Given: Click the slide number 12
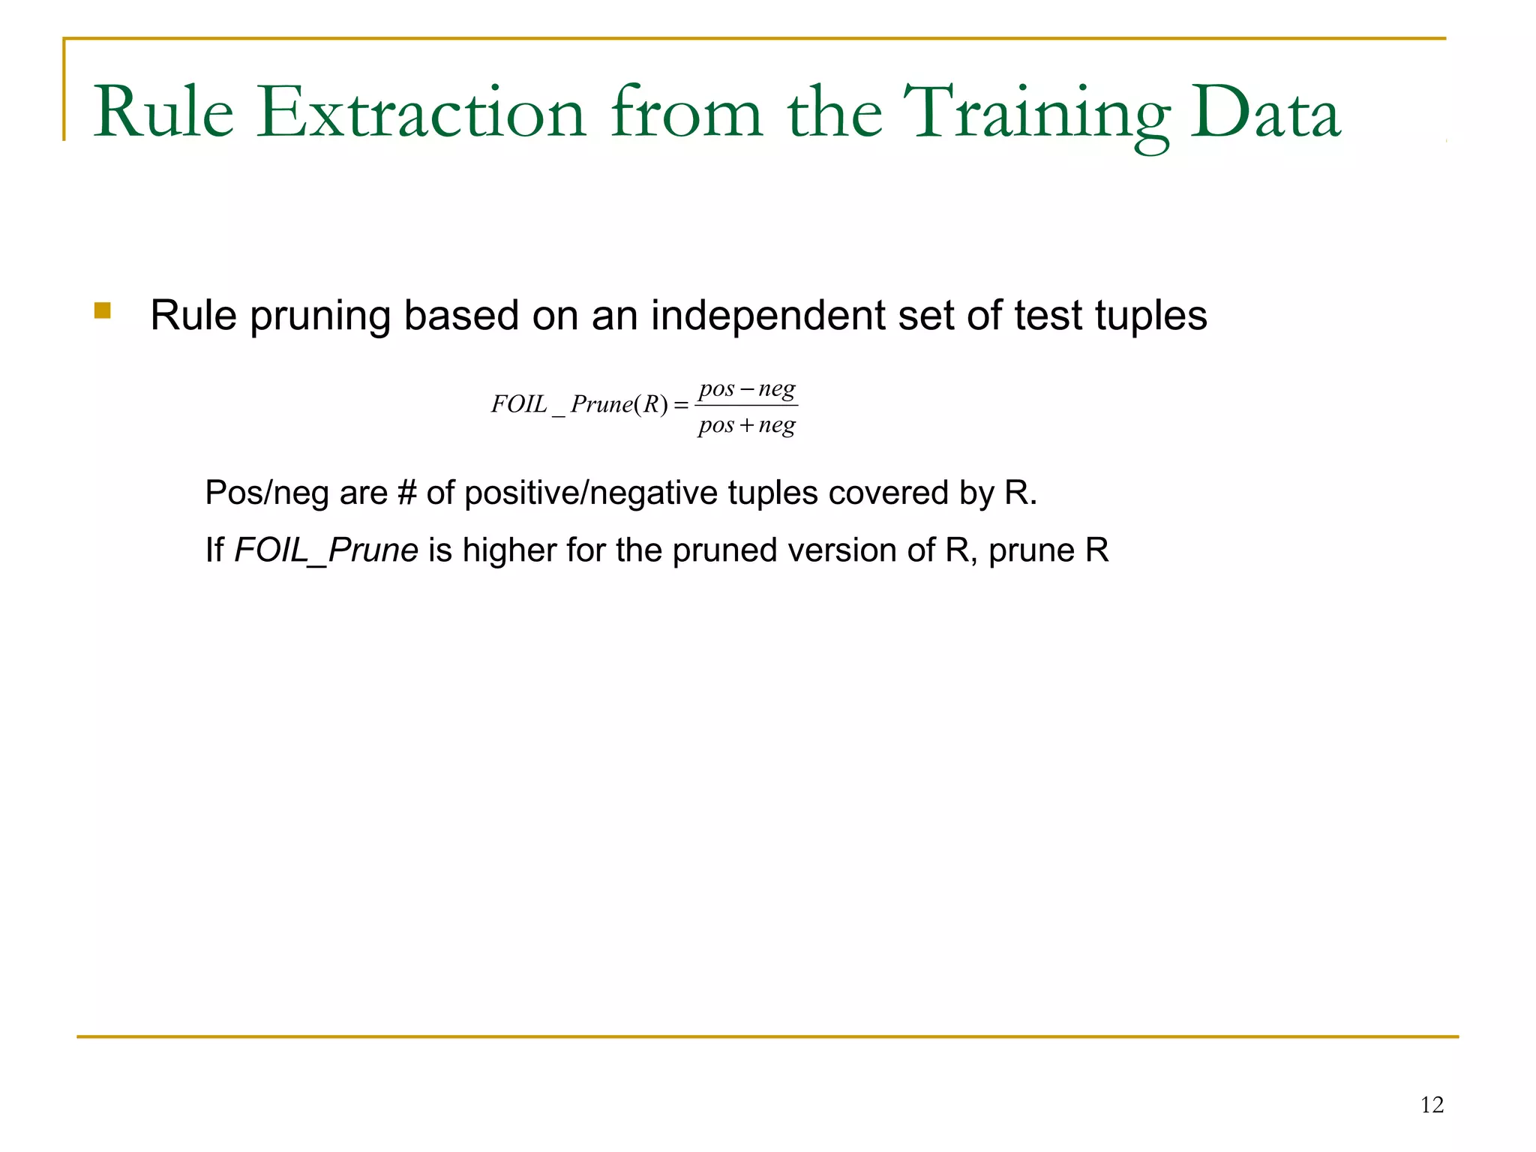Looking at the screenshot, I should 1432,1105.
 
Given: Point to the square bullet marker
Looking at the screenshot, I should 103,310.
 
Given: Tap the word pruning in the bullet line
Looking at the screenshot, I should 320,316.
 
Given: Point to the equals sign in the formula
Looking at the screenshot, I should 681,406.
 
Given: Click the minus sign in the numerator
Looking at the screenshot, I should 746,390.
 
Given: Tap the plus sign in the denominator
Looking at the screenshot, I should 746,426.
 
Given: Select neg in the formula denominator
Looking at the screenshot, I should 777,426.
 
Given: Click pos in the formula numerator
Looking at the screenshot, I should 716,390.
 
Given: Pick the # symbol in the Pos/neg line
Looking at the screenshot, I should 406,493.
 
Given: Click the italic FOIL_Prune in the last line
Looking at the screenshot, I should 326,550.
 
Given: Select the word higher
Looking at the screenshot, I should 509,550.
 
